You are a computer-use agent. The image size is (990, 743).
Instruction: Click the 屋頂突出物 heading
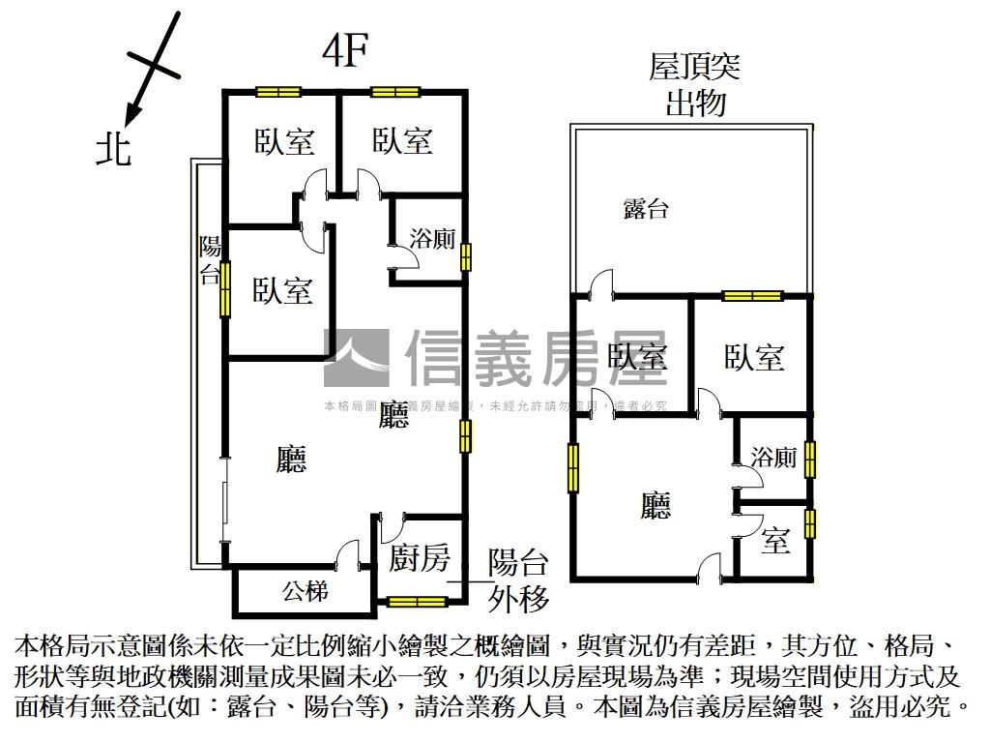click(695, 84)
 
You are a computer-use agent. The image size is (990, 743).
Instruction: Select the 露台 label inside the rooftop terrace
click(646, 208)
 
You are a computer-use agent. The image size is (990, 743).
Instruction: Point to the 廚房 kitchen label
click(420, 557)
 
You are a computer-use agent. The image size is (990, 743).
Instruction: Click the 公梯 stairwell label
click(305, 590)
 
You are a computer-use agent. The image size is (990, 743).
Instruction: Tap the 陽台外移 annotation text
click(519, 580)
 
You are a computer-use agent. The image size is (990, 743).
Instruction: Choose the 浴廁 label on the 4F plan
click(432, 240)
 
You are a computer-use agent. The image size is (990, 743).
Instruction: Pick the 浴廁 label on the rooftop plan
click(773, 458)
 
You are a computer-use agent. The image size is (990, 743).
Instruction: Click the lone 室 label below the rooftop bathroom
click(775, 541)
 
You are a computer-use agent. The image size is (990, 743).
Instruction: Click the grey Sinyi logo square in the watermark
click(356, 358)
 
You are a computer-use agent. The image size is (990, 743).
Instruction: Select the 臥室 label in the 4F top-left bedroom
click(284, 141)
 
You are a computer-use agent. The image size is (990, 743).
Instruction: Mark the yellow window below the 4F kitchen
click(417, 602)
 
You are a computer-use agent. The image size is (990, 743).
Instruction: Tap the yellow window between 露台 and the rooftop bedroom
click(752, 296)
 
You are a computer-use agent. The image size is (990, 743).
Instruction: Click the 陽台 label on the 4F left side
click(210, 259)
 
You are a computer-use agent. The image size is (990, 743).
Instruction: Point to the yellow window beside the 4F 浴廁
click(466, 256)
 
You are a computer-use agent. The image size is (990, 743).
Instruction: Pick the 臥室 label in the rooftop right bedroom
click(754, 357)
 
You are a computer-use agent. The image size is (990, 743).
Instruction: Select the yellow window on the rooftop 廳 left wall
click(573, 467)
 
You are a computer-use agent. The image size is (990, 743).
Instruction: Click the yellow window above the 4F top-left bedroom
click(279, 93)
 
